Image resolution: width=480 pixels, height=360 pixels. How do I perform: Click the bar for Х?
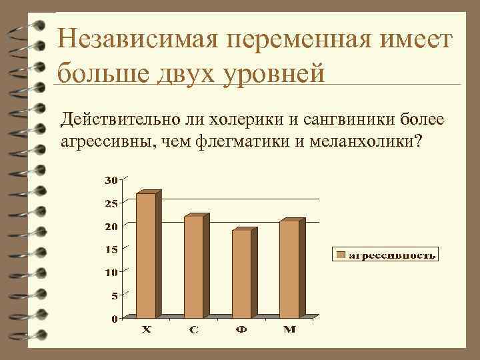point(146,255)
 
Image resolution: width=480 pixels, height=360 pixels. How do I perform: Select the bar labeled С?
point(193,266)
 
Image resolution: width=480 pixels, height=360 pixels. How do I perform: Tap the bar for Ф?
point(241,273)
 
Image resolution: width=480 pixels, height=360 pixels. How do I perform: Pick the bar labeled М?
point(289,269)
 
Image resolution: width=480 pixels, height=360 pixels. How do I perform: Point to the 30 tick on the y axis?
point(111,180)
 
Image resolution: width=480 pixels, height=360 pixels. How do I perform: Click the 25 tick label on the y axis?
point(111,203)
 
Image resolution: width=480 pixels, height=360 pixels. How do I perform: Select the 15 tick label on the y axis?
point(111,249)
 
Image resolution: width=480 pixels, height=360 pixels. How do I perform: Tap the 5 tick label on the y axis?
point(114,295)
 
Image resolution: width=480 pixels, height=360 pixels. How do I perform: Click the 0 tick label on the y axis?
point(114,319)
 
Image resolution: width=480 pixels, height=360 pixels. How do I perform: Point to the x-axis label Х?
point(146,331)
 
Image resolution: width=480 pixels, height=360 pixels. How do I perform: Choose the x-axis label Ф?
point(241,331)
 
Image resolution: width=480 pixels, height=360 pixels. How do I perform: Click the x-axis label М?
point(289,331)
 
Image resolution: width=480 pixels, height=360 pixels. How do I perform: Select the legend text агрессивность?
point(393,255)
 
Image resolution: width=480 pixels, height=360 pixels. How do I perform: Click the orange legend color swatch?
point(340,255)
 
